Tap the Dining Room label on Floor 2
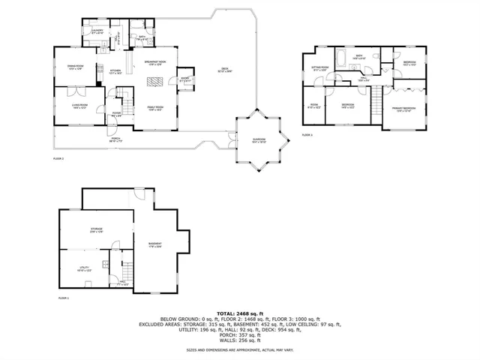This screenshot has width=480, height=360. (76, 67)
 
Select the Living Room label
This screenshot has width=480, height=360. (79, 106)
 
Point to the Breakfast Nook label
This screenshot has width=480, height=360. (155, 61)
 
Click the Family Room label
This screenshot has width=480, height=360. (156, 107)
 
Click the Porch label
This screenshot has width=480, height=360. (115, 139)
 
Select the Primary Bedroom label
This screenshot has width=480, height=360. (403, 109)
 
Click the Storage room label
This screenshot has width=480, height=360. (97, 229)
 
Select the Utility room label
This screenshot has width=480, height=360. (85, 268)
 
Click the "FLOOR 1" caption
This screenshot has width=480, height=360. (63, 298)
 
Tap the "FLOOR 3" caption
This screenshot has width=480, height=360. (307, 135)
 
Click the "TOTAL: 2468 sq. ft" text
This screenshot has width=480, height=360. (240, 313)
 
